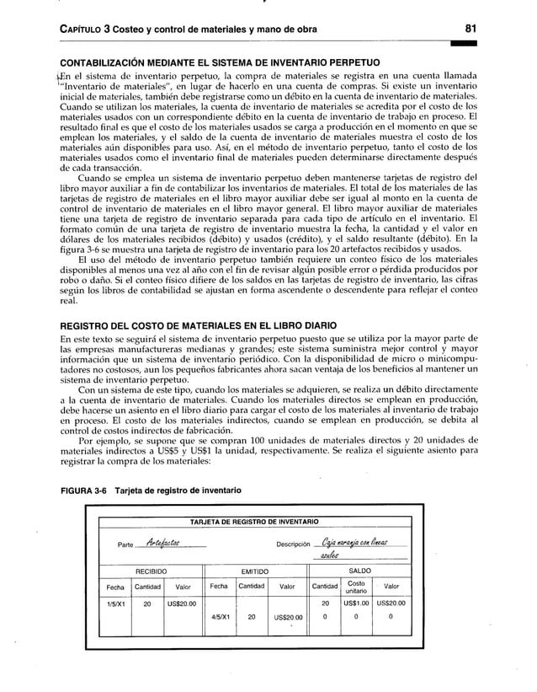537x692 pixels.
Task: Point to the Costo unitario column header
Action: click(356, 587)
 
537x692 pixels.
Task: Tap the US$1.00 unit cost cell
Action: click(356, 603)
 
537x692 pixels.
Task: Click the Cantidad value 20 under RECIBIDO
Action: click(147, 603)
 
